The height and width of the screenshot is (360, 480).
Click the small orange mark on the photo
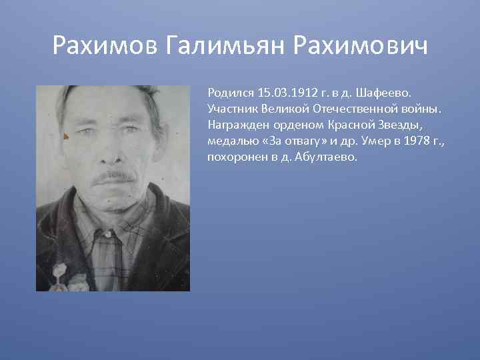65,137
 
